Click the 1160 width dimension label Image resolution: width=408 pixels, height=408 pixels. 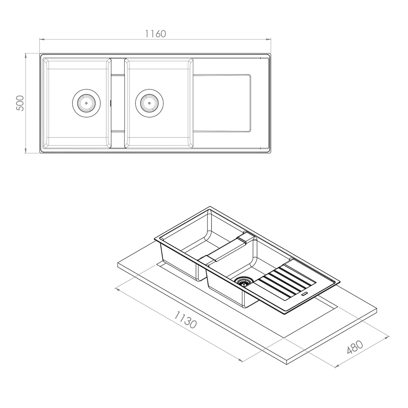155,34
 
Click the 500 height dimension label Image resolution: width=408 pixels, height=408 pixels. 20,103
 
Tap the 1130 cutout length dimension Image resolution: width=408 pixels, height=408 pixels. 185,320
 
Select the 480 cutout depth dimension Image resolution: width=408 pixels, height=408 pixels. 355,347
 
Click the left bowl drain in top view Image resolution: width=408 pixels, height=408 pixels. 86,103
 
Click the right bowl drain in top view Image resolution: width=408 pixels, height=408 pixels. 149,103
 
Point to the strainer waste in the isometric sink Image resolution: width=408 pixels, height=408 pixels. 243,281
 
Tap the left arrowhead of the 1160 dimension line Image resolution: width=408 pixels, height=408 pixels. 41,39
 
